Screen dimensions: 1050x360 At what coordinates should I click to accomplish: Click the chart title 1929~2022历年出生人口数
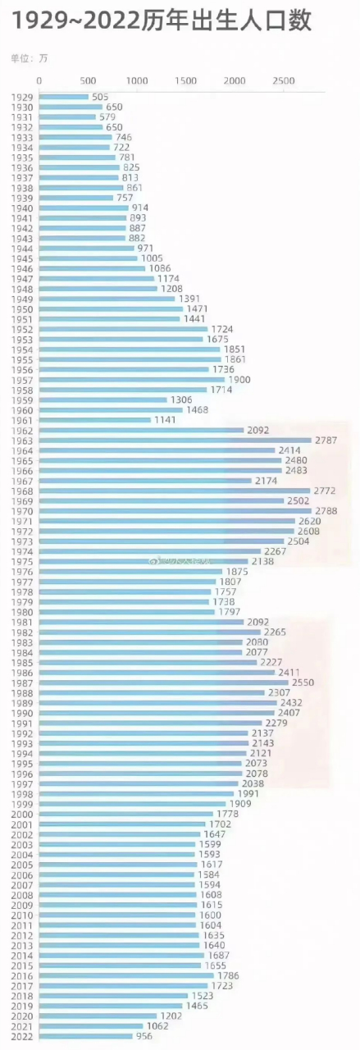162,21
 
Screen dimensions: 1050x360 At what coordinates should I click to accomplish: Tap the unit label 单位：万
29,59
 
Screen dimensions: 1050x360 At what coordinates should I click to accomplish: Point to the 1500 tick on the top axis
185,81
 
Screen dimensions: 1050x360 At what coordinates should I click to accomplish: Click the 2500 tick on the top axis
283,81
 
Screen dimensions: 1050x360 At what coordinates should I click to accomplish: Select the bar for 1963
175,441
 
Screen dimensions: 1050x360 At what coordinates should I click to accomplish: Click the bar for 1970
175,511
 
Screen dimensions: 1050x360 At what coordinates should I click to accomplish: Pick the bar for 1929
64,97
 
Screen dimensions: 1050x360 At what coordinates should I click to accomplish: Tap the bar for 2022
85,1036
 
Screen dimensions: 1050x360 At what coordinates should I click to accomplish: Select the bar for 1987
163,682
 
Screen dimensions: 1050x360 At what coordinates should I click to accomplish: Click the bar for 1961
94,420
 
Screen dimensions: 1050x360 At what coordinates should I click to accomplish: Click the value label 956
144,1036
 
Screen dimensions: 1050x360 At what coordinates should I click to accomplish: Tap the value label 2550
303,682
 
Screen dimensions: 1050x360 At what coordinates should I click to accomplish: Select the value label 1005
152,258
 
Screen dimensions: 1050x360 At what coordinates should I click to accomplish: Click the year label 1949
22,299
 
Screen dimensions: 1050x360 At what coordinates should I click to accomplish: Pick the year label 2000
22,814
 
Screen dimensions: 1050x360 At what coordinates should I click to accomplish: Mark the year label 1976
22,572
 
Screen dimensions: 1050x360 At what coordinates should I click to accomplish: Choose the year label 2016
22,975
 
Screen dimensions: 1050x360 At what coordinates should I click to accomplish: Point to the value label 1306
181,399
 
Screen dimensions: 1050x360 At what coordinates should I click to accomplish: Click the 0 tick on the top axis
39,81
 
